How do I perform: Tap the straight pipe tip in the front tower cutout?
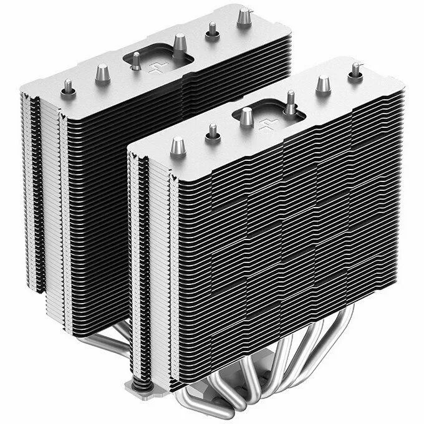247,116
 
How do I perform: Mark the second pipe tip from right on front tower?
323,84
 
